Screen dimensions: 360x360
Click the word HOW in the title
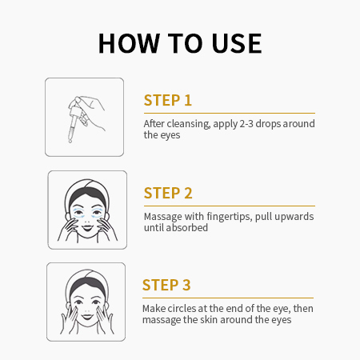pyautogui.click(x=129, y=43)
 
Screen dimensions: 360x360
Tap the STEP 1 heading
pyautogui.click(x=168, y=100)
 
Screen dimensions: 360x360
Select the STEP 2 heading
pyautogui.click(x=168, y=193)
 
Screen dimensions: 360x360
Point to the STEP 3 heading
pyautogui.click(x=166, y=285)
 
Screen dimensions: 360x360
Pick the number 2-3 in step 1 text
pyautogui.click(x=246, y=124)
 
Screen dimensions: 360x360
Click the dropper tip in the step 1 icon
pyautogui.click(x=70, y=141)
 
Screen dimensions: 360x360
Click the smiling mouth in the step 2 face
pyautogui.click(x=87, y=228)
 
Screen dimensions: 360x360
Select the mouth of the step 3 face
pyautogui.click(x=87, y=317)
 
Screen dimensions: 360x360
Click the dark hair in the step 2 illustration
pyautogui.click(x=87, y=194)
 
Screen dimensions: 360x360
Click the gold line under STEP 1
pyautogui.click(x=230, y=113)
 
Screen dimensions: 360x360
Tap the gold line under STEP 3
pyautogui.click(x=228, y=298)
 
